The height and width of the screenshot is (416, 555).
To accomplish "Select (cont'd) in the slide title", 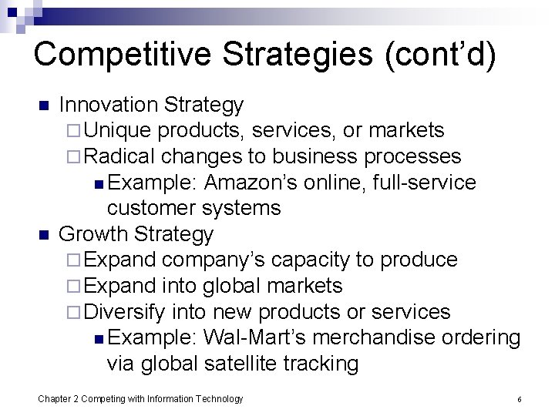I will [447, 55].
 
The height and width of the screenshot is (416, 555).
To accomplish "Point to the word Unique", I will [117, 131].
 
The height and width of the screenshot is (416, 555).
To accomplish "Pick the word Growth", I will [93, 233].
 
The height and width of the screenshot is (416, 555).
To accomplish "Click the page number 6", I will [520, 399].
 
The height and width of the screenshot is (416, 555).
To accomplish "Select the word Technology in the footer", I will [220, 398].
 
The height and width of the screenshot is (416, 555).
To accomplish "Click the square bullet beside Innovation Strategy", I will [44, 106].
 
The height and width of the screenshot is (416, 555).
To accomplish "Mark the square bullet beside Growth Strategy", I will [44, 234].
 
